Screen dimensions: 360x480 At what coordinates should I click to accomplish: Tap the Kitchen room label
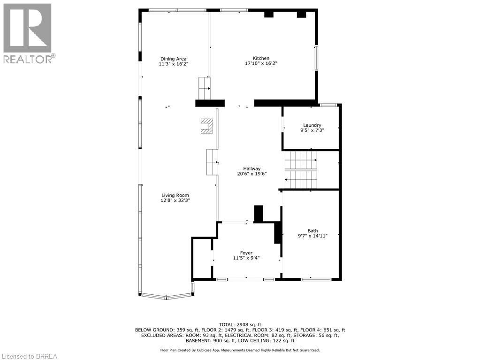261,58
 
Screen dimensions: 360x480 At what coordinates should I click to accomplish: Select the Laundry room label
312,125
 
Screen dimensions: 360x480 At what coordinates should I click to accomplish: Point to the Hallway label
251,169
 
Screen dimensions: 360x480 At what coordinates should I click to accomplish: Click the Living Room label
175,195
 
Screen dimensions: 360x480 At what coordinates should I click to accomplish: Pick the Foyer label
246,253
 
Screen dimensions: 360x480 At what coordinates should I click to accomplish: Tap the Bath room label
312,230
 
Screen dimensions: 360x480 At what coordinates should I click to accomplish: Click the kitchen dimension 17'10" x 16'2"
261,63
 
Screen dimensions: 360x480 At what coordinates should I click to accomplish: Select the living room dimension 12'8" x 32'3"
175,200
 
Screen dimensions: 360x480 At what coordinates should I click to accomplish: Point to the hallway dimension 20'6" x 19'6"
251,174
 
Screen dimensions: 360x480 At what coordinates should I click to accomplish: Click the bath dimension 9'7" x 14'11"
312,236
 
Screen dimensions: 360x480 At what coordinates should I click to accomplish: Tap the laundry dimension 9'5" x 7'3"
312,130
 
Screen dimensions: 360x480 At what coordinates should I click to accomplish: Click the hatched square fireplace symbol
206,126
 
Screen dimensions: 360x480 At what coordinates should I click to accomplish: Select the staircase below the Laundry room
301,170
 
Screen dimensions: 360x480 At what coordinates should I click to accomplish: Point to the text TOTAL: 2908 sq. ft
240,324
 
